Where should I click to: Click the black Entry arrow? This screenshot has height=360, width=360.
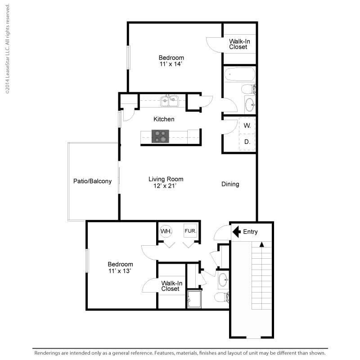point(236,232)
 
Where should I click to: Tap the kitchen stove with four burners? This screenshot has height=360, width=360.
point(160,136)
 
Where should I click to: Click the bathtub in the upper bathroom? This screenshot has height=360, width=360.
point(239,74)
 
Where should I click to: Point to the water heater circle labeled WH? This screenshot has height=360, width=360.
point(166,231)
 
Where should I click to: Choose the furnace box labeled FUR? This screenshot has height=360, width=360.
point(189,231)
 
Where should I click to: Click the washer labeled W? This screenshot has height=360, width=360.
point(247,126)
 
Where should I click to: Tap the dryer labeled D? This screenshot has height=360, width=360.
point(247,142)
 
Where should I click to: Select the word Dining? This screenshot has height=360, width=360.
point(230,184)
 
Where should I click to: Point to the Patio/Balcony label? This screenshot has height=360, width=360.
point(92,181)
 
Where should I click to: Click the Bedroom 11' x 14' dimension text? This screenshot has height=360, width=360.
point(171,64)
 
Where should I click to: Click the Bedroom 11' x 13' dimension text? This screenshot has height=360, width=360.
point(120,270)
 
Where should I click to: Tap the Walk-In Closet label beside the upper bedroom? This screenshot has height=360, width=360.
point(239,44)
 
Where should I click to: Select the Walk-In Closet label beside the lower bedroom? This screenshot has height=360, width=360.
point(171,286)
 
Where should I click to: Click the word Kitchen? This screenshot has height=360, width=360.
point(164,119)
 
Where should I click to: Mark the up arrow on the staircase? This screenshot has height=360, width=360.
point(261,244)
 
